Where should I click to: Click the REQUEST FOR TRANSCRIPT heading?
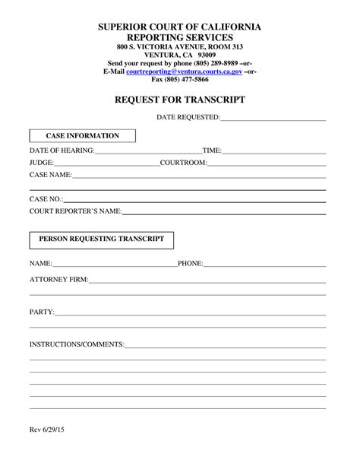pos(179,99)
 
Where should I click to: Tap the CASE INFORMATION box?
pos(83,136)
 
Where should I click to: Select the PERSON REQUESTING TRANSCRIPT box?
pos(102,239)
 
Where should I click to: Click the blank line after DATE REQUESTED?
pos(273,119)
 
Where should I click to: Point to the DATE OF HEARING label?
pos(62,151)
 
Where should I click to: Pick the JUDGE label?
pos(41,163)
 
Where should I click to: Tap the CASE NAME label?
pos(50,175)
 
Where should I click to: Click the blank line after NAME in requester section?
pos(114,265)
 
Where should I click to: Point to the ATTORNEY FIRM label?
pos(58,280)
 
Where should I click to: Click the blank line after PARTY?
pos(190,313)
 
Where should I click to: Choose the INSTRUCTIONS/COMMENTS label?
pos(77,344)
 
